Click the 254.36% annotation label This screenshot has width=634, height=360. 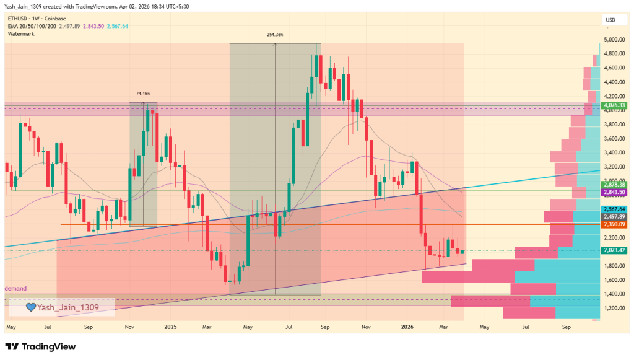coord(275,35)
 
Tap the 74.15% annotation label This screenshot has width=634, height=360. coord(143,94)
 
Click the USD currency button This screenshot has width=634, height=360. coord(610,20)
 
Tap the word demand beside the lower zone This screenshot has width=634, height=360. coord(15,289)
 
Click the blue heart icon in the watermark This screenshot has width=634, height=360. coord(30,307)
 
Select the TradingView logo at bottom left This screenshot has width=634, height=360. coord(40,346)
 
